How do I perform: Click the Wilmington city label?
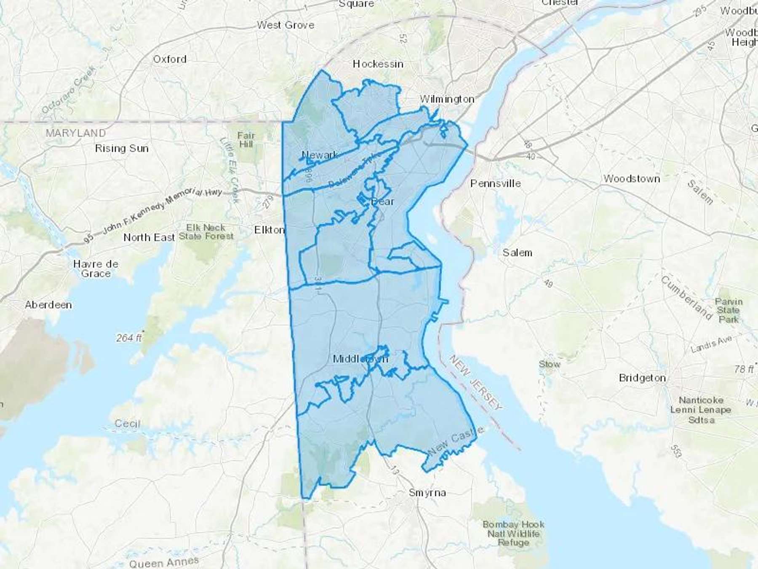pos(447,99)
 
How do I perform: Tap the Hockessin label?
pos(378,64)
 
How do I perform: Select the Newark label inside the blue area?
pos(320,155)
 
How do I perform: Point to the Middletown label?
pos(360,359)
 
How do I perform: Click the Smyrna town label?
pos(427,493)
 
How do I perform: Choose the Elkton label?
pos(270,230)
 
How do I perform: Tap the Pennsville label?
pos(495,184)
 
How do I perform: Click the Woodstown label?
pos(631,179)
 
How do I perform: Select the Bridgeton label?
pos(642,378)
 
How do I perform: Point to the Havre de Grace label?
pos(96,269)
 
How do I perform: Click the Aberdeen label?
pos(48,305)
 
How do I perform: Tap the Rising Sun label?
pos(122,148)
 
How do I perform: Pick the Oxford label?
pos(170,59)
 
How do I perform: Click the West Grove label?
pos(286,25)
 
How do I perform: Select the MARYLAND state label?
pos(76,133)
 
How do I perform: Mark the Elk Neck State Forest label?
pos(206,232)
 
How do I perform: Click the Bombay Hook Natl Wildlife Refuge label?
pos(513,534)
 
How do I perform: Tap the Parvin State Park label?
pos(729,311)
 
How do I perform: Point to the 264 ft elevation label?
pos(129,338)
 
